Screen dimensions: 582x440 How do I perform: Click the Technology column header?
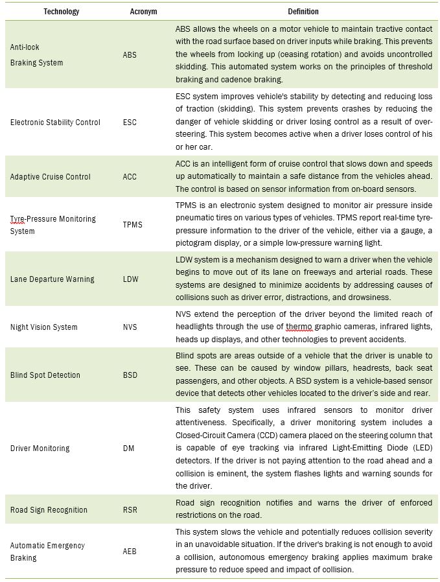62,12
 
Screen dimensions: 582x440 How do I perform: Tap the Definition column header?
303,12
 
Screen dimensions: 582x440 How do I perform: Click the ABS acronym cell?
130,55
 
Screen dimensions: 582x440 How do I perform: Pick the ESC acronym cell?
129,122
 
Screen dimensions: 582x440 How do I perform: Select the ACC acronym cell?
130,176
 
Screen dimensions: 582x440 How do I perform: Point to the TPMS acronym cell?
132,225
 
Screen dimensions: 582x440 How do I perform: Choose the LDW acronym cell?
131,279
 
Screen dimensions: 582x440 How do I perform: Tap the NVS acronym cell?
130,327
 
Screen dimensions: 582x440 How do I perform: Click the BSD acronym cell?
130,375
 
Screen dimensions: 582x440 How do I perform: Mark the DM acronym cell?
128,448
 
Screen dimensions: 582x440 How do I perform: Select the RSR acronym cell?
130,509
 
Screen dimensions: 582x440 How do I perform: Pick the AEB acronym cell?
130,552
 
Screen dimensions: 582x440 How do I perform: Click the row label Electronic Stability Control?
55,122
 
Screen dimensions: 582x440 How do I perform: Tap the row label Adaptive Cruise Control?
50,176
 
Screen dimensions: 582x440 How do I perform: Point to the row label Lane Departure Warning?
52,279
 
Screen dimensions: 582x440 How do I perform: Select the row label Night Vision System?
43,327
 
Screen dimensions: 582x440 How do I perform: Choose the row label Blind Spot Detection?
45,375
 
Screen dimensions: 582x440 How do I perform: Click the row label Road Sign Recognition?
49,509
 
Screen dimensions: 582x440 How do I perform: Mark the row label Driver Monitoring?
40,448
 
